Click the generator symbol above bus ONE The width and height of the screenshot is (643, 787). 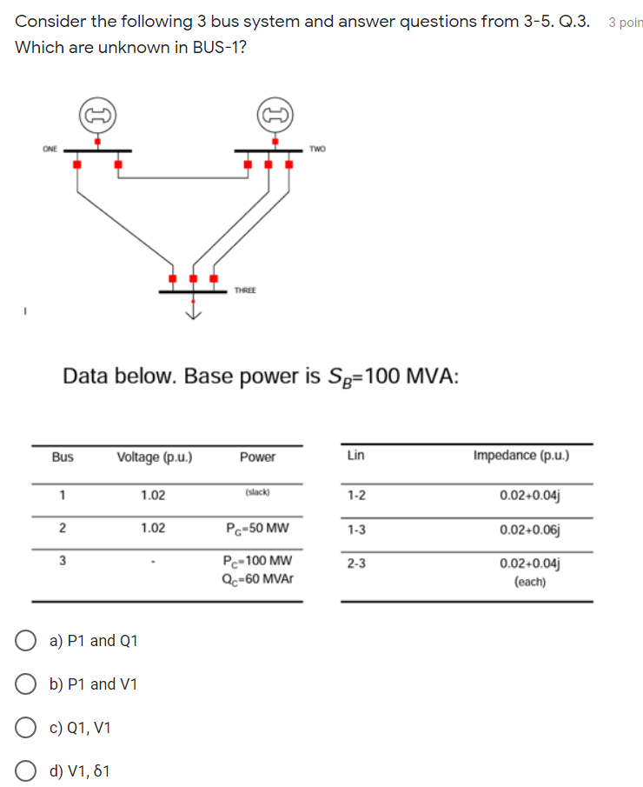(x=97, y=114)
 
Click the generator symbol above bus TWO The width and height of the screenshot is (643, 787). (x=275, y=114)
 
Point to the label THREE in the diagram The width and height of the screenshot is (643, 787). (x=245, y=290)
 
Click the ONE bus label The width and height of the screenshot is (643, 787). (x=50, y=149)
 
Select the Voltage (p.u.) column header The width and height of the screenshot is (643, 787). (x=155, y=457)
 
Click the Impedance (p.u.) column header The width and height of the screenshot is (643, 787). (x=521, y=455)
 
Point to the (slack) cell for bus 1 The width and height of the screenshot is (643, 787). (x=257, y=492)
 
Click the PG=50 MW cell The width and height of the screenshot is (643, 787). (x=257, y=528)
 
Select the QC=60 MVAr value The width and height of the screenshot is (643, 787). (x=257, y=576)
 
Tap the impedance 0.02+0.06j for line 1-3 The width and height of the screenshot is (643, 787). (x=530, y=529)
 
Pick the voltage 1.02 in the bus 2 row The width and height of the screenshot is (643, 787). (x=153, y=528)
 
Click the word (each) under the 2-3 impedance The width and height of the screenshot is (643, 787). (x=530, y=582)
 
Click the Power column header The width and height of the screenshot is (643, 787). (x=257, y=457)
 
